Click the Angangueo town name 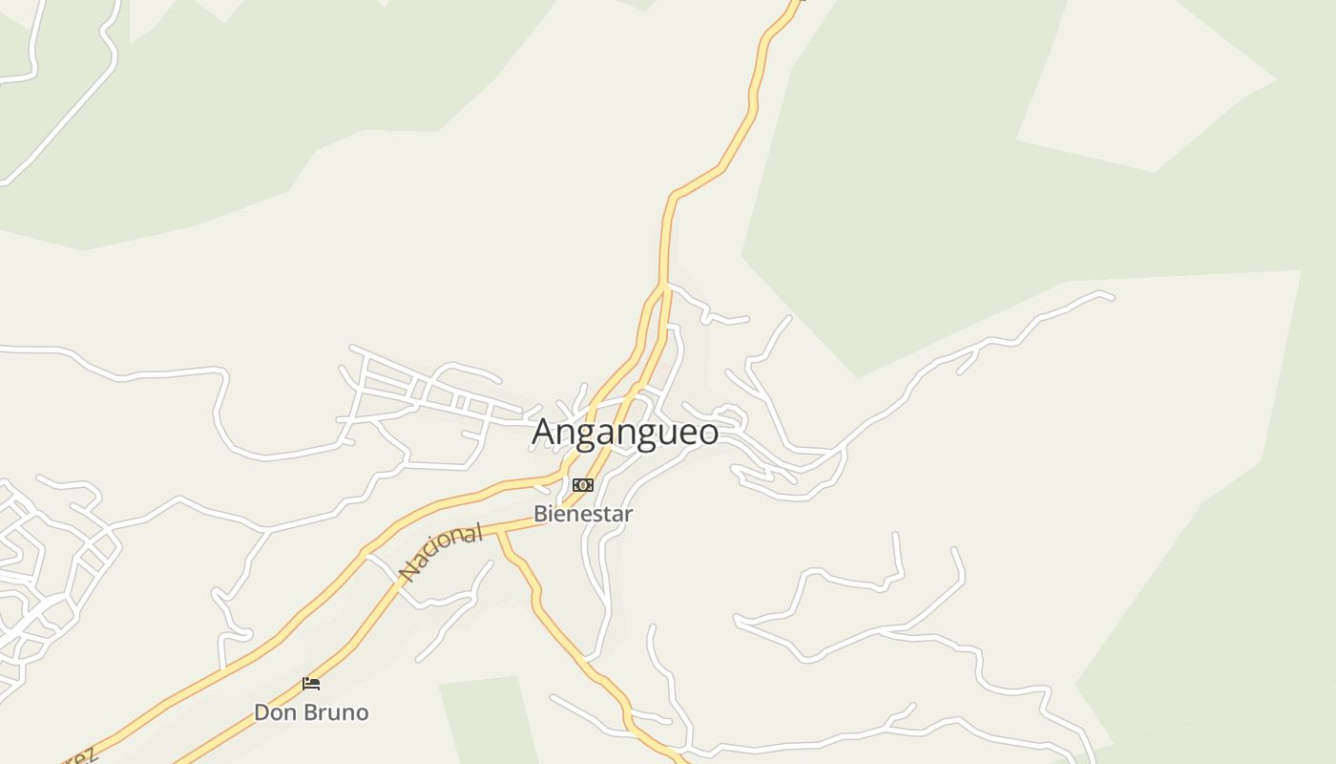[625, 432]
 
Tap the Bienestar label [582, 514]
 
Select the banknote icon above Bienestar [582, 485]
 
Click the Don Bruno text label [311, 712]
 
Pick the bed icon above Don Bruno [311, 684]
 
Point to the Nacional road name [441, 553]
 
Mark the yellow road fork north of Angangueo [663, 285]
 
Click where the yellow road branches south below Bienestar [501, 532]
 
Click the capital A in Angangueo [544, 432]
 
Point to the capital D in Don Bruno [261, 712]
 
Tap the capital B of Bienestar [540, 514]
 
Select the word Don [274, 712]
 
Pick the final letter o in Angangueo [708, 434]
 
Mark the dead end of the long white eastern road [1112, 297]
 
